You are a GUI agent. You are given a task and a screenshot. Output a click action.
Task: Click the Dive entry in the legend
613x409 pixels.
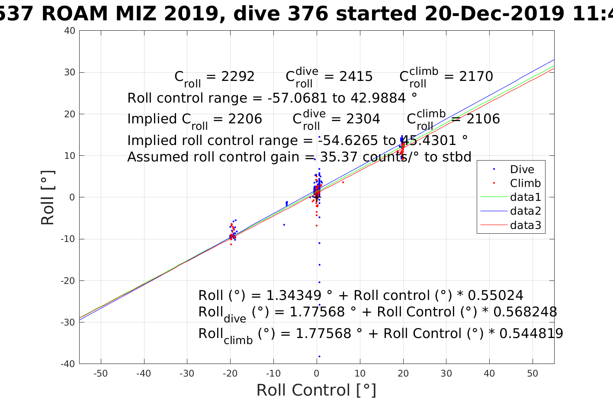[522, 169]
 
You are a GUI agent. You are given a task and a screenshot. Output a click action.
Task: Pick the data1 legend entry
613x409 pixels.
[525, 197]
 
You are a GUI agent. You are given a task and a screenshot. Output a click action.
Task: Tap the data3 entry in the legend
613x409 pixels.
[525, 225]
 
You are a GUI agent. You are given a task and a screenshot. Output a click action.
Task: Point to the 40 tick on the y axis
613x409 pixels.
[71, 31]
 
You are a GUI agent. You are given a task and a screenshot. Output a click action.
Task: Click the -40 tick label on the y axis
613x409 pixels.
[68, 364]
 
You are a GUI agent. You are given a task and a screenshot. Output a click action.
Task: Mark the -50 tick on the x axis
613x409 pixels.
[100, 374]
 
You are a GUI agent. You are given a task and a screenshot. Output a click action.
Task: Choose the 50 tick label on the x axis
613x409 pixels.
[533, 374]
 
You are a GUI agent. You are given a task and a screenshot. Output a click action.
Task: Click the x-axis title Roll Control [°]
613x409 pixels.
[316, 390]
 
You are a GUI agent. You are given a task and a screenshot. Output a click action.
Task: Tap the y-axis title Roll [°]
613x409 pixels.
[48, 197]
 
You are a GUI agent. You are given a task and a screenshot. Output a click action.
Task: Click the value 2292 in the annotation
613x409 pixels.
[238, 77]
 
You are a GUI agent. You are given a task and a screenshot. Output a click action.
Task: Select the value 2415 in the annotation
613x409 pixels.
[356, 77]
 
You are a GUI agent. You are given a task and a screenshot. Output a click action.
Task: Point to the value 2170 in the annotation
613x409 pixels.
[476, 77]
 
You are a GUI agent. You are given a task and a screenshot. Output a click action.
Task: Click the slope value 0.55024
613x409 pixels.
[496, 296]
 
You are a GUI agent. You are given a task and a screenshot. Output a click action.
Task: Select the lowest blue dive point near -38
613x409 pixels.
[319, 357]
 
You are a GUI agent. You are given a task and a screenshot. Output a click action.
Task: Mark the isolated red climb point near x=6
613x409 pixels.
[343, 182]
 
